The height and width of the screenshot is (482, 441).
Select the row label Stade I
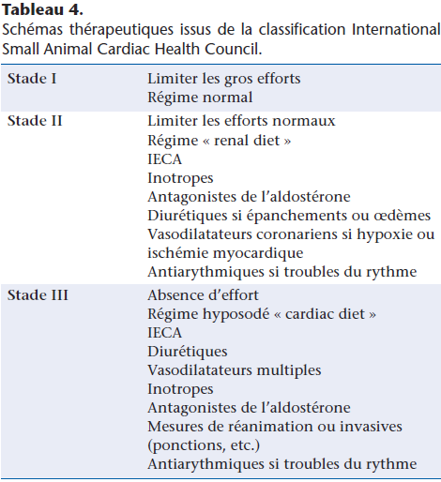32,78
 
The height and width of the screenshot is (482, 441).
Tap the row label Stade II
35,122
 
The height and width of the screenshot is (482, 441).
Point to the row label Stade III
38,295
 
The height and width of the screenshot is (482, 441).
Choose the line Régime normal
200,97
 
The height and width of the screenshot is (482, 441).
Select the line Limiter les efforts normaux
241,122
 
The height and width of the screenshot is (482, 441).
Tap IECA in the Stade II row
165,159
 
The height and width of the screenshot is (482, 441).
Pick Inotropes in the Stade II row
180,178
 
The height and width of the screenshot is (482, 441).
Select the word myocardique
260,253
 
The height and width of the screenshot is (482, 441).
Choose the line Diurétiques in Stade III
188,352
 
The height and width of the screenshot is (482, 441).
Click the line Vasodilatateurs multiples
234,370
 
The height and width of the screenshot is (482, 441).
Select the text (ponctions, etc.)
204,445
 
